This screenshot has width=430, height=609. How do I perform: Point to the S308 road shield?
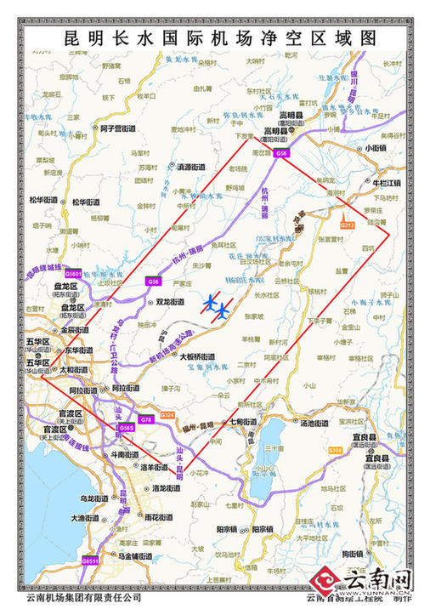pyautogui.click(x=336, y=450)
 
